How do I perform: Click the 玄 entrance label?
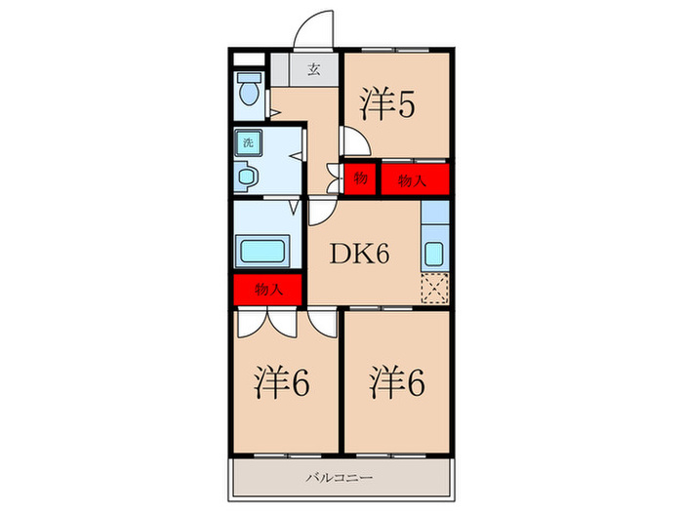click(314, 69)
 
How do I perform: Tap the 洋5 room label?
click(388, 104)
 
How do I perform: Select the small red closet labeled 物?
click(360, 178)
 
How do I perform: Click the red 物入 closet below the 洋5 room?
click(415, 178)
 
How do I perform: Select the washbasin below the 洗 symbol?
click(247, 177)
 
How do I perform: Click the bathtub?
click(261, 251)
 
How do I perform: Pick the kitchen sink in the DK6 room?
click(435, 254)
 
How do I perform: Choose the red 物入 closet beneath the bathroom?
click(268, 290)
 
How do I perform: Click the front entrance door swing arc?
click(314, 29)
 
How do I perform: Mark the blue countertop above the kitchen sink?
click(435, 215)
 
